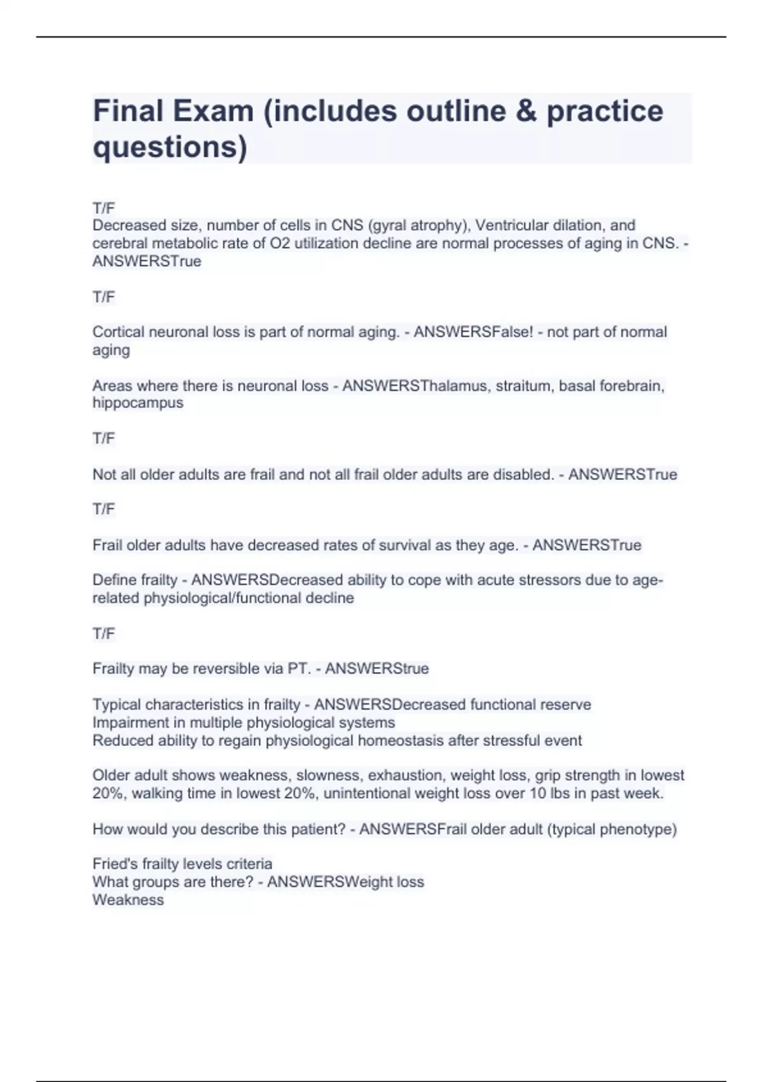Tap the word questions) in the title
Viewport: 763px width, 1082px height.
coord(170,147)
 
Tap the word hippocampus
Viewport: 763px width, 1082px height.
coord(137,403)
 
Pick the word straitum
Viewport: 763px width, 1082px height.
coord(523,386)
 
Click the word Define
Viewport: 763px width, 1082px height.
coord(113,580)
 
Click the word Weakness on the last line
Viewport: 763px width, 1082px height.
coord(128,900)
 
